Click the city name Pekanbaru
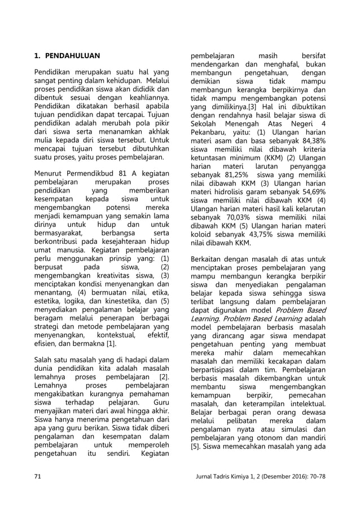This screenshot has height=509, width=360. pos(209,133)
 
